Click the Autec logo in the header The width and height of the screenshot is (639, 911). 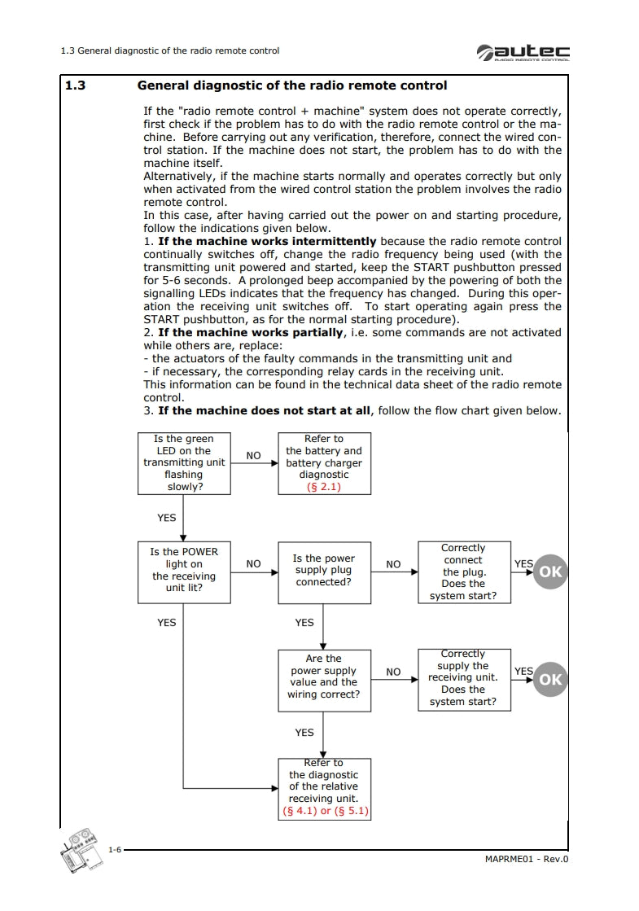click(523, 51)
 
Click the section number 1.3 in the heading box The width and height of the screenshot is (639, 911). click(75, 85)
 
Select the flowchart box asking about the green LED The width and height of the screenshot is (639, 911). click(183, 463)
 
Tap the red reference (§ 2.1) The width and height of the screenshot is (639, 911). click(323, 487)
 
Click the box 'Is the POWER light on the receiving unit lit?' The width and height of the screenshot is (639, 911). click(183, 572)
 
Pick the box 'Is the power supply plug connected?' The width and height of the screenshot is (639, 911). click(323, 571)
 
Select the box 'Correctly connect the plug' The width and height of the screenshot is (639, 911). click(463, 572)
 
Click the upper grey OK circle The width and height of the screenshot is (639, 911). click(550, 572)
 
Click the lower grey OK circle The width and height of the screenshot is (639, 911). click(550, 680)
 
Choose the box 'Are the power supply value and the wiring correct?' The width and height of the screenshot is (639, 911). click(323, 677)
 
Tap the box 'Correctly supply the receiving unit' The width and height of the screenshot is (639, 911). click(463, 678)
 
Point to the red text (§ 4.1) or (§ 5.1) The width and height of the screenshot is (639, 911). click(323, 811)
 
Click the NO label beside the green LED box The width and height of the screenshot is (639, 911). click(253, 456)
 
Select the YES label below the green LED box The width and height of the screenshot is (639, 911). click(166, 518)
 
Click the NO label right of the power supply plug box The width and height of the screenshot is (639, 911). click(393, 564)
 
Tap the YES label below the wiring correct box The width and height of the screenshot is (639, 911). click(304, 733)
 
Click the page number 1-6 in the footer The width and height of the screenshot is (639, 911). click(115, 850)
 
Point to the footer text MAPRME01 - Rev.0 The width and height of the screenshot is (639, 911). click(525, 860)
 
